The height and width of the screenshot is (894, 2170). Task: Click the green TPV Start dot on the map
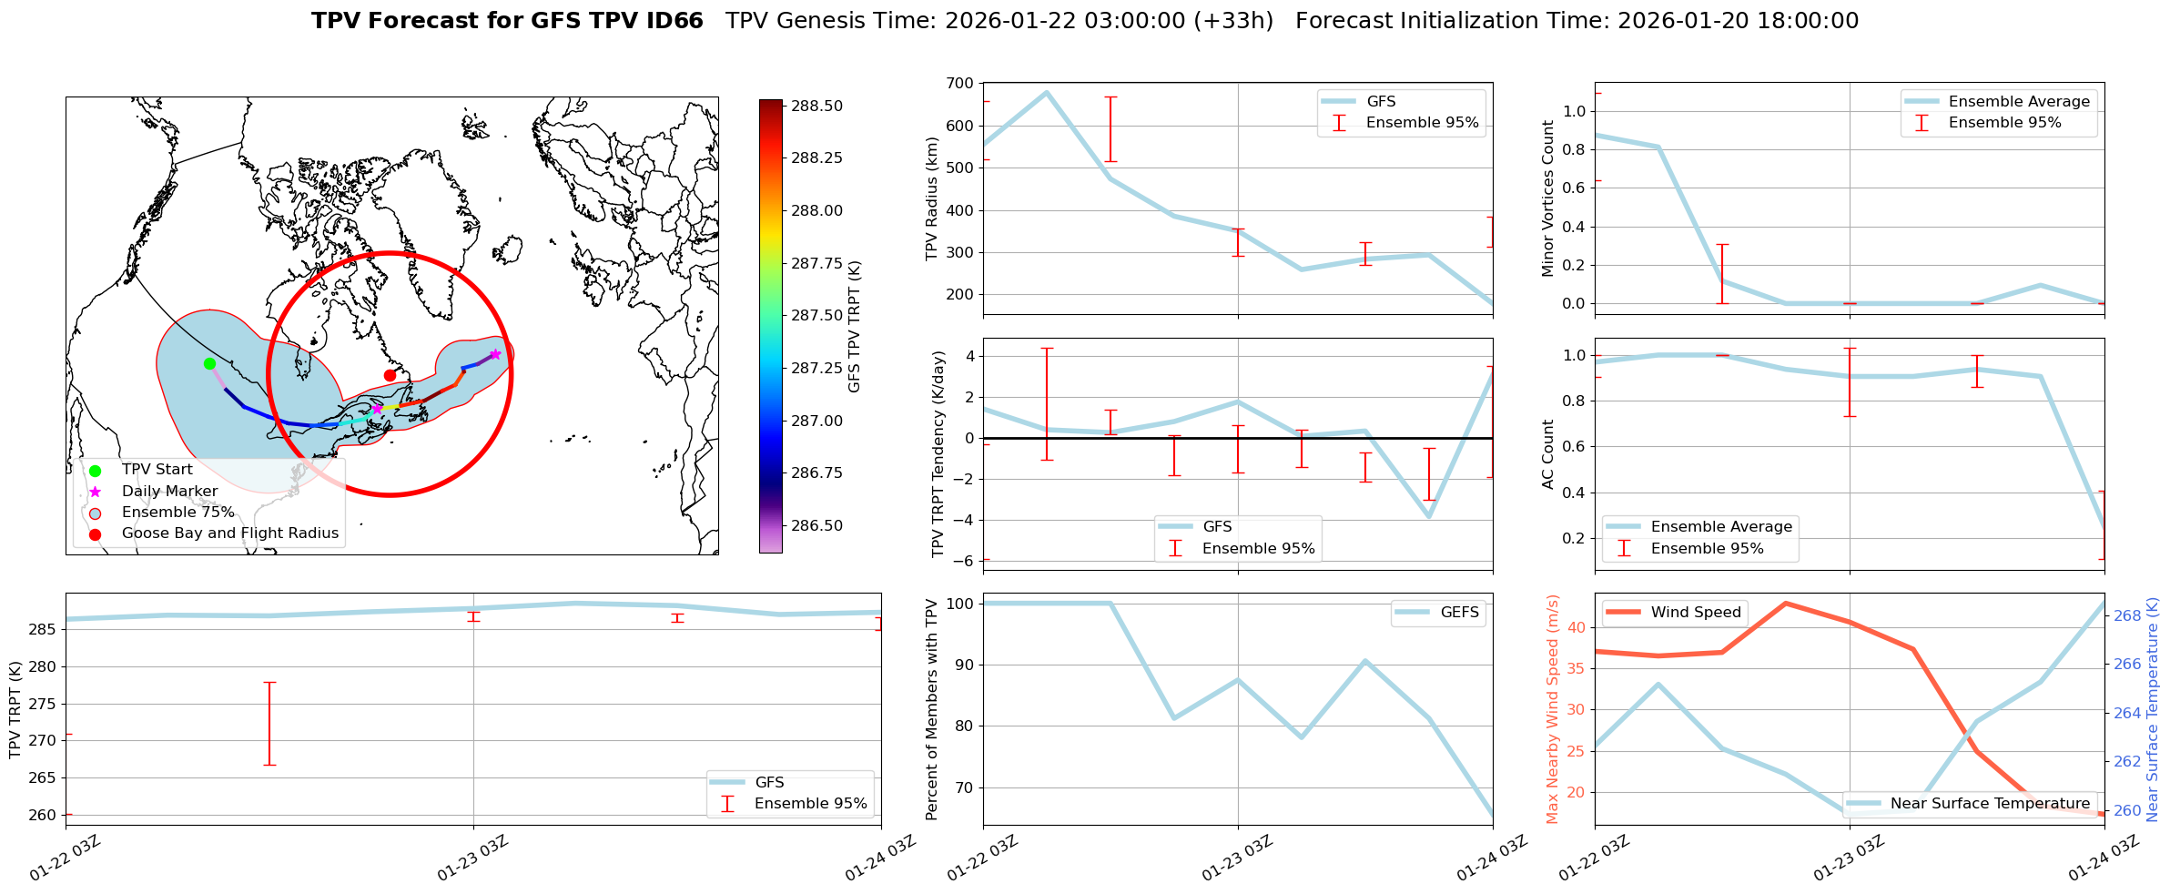click(209, 363)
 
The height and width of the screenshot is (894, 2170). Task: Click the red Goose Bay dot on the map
click(390, 375)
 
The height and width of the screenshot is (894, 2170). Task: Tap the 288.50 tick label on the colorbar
click(816, 106)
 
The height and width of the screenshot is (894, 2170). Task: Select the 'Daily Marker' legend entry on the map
click(169, 491)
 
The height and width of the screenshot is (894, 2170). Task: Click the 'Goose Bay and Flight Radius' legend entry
click(229, 533)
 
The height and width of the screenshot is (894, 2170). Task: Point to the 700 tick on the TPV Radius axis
click(959, 84)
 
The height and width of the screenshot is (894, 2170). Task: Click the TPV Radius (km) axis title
click(931, 198)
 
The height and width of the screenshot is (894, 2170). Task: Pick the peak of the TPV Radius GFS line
click(1047, 92)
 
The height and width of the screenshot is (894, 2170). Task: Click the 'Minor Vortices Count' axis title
click(1548, 198)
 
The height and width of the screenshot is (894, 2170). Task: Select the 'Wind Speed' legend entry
click(1696, 612)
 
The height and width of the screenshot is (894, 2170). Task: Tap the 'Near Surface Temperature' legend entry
click(1990, 803)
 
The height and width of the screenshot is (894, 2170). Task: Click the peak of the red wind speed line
click(1786, 603)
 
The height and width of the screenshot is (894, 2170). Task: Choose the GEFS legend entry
click(1459, 612)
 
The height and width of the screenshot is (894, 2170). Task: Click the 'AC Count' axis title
click(1548, 454)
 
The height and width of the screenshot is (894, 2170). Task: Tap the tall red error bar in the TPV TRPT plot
click(269, 723)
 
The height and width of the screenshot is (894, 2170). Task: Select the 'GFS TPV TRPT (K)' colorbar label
click(854, 326)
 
